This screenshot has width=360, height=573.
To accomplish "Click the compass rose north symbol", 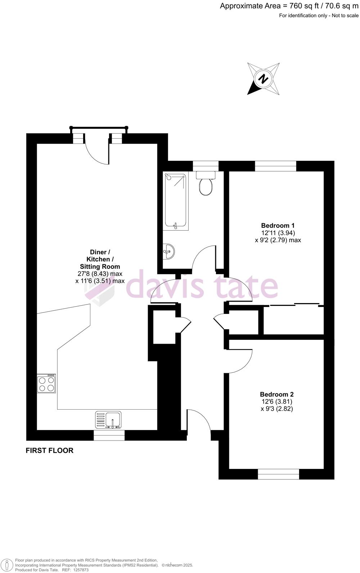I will (x=264, y=79).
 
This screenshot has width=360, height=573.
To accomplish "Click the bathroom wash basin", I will (x=168, y=251).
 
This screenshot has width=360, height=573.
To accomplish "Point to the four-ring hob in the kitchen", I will (x=46, y=383).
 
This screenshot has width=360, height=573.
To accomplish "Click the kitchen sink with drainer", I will (x=108, y=420).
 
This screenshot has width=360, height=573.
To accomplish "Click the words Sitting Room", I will (x=100, y=266).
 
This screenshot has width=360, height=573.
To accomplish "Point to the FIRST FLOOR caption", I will (x=50, y=450).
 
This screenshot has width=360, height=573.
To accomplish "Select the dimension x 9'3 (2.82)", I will (x=277, y=409).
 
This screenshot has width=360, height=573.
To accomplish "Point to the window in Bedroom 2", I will (x=278, y=474).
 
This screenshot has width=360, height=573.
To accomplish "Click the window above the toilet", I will (x=206, y=166).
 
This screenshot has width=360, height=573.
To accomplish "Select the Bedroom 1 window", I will (x=275, y=166).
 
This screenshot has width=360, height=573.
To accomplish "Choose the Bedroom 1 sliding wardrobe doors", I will (x=294, y=305).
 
